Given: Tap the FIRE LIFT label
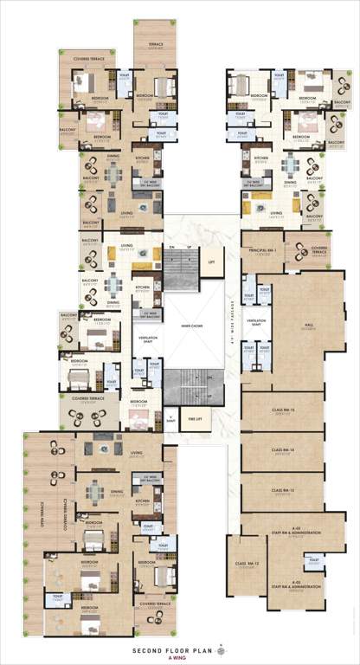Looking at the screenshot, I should tap(195, 420).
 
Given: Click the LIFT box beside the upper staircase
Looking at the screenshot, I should tap(209, 261).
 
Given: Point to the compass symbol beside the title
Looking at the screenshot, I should tap(221, 648).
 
